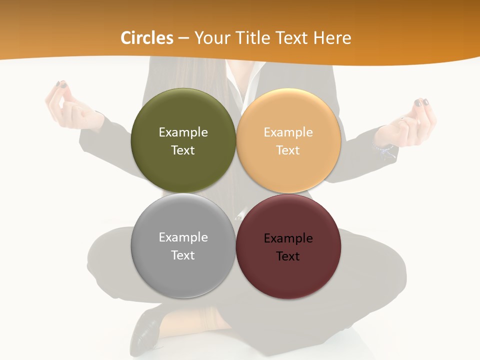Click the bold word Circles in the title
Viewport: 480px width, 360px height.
coord(146,38)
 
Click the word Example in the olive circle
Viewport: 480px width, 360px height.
coord(183,132)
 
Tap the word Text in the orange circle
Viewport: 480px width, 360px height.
coord(288,150)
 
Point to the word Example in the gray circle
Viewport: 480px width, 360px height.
coord(183,237)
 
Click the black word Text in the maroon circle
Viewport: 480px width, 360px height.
coord(288,256)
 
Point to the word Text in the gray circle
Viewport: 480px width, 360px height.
coord(183,255)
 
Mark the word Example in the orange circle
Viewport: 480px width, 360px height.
coord(288,132)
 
